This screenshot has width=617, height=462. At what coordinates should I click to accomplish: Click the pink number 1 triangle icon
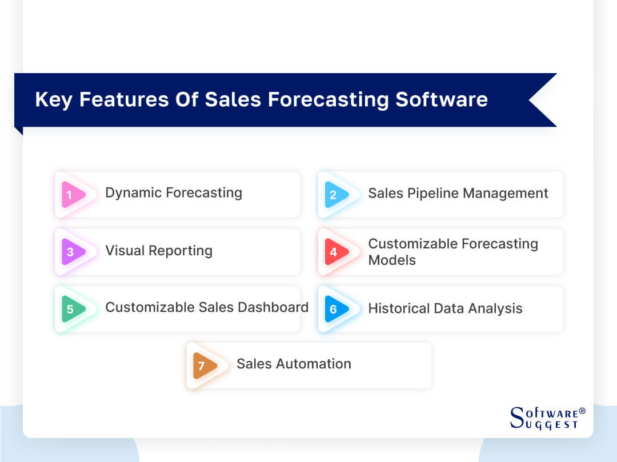pos(73,195)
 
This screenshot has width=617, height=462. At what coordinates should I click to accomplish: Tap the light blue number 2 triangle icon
pos(335,195)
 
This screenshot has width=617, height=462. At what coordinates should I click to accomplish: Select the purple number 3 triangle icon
pos(73,252)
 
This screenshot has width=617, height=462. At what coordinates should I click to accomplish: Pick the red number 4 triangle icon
pos(335,252)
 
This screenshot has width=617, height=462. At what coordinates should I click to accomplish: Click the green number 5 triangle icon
pos(73,309)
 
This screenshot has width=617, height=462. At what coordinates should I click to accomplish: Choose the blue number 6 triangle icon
pos(335,309)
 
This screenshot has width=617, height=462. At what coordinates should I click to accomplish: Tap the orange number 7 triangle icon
pos(204,365)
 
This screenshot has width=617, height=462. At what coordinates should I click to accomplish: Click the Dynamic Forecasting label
pos(173,193)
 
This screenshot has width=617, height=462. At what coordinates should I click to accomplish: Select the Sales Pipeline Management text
pos(458,194)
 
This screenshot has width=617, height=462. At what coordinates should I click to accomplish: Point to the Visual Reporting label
pos(158,251)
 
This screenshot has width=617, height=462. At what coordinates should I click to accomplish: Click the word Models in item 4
pos(392,260)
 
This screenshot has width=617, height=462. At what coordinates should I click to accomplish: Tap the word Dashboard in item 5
pos(271,307)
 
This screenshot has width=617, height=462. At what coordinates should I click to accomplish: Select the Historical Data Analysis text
pos(445,309)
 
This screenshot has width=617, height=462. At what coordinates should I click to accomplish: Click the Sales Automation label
pos(294,364)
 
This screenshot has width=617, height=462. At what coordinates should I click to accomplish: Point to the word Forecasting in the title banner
pos(328,99)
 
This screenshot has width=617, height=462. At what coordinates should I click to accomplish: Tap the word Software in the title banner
pos(442,99)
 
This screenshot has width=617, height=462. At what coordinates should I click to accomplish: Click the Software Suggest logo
pos(544,417)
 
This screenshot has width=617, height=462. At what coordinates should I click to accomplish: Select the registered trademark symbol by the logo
pos(582,411)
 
